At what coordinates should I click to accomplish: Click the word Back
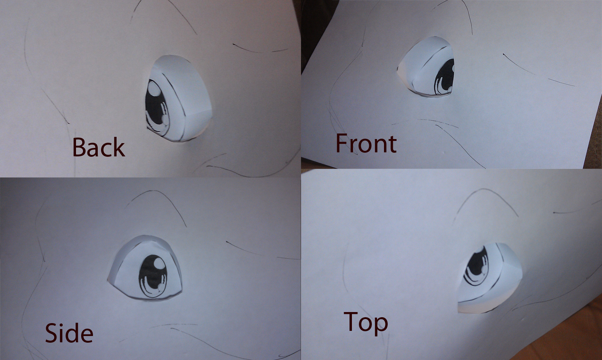(x=98, y=147)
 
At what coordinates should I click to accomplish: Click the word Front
(x=366, y=143)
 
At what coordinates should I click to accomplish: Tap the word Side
(x=69, y=333)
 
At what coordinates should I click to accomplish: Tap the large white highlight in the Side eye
(x=159, y=262)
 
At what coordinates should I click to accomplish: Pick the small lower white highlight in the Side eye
(x=161, y=287)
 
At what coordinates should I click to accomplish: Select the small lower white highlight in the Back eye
(x=164, y=118)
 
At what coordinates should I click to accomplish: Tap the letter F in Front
(x=342, y=143)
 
